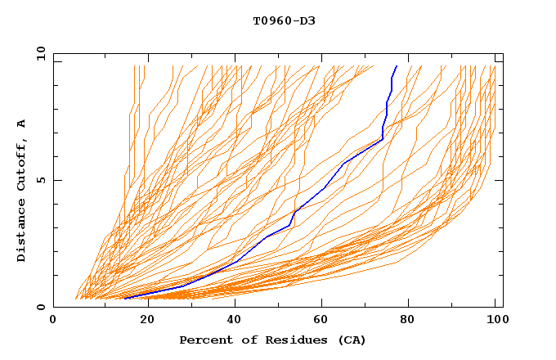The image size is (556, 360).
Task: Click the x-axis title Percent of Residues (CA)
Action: point(272,340)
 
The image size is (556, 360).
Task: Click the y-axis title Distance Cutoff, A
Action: point(21,191)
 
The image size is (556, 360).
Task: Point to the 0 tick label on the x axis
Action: point(53,321)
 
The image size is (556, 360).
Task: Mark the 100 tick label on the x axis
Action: point(495,321)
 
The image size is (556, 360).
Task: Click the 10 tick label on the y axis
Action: point(40,53)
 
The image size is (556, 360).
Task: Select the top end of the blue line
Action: point(397,66)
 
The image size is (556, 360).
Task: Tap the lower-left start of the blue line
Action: point(125,298)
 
